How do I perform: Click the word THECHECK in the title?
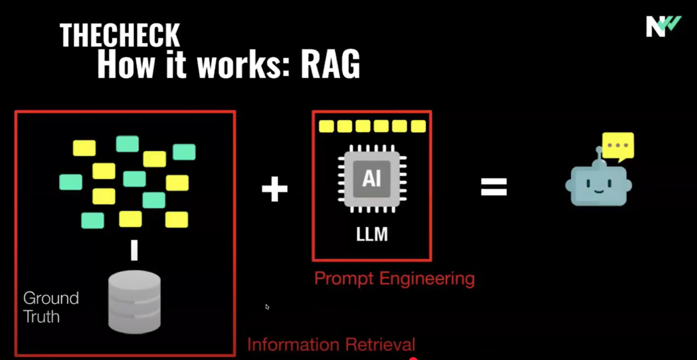pos(119,35)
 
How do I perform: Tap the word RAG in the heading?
pos(330,64)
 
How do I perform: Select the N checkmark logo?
pos(663,27)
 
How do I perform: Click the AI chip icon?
pos(372,179)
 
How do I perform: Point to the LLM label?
pos(372,234)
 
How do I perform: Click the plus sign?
pos(274,189)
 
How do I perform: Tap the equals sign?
pos(493,187)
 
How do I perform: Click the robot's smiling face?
pos(599,186)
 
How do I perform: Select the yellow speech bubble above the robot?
pos(618,146)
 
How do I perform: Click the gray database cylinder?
pos(134,301)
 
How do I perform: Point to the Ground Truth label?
pos(51,307)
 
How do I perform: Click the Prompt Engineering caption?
pos(394,279)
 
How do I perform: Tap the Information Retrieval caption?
pos(331,344)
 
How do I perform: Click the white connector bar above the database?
pos(134,250)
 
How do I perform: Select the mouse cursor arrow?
pos(267,307)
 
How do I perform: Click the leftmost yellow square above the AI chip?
pos(326,126)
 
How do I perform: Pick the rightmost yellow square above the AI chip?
pos(418,126)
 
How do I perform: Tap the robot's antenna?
pos(599,157)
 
